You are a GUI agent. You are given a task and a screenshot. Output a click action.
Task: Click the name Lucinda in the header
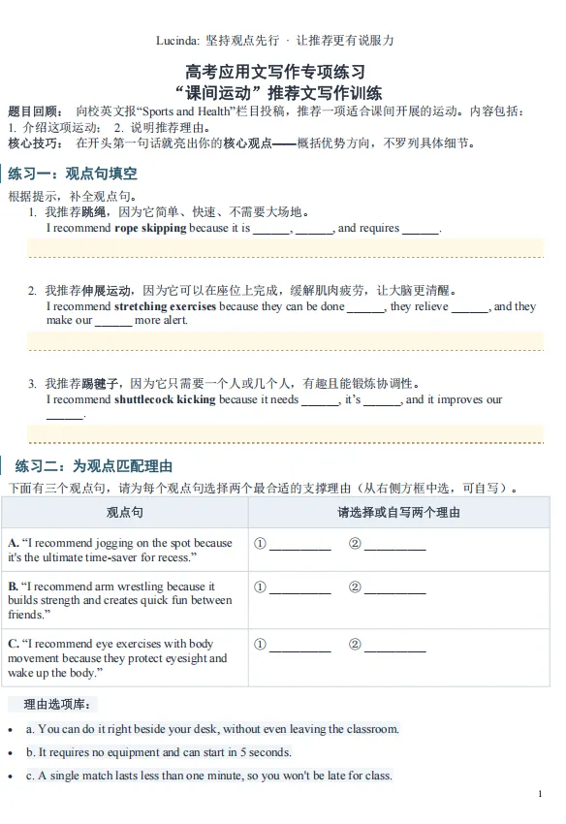pos(175,41)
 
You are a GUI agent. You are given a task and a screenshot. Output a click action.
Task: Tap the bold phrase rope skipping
pos(150,229)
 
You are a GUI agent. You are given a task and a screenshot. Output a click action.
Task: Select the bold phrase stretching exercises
pos(166,306)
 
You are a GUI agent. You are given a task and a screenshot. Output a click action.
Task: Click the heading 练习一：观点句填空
pos(73,174)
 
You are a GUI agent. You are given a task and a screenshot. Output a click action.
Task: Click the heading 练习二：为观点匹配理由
pos(94,466)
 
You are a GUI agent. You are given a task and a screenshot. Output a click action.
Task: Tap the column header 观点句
pos(124,512)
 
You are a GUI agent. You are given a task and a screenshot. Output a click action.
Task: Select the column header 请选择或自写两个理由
pos(398,512)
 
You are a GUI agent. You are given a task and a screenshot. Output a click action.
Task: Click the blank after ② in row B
pos(394,587)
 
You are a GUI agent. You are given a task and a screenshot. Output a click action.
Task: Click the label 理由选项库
pos(60,704)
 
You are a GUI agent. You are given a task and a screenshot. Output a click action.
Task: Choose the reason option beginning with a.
pos(212,729)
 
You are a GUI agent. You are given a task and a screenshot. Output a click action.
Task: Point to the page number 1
pos(539,794)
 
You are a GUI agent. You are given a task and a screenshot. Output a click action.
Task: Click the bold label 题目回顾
pos(35,111)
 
